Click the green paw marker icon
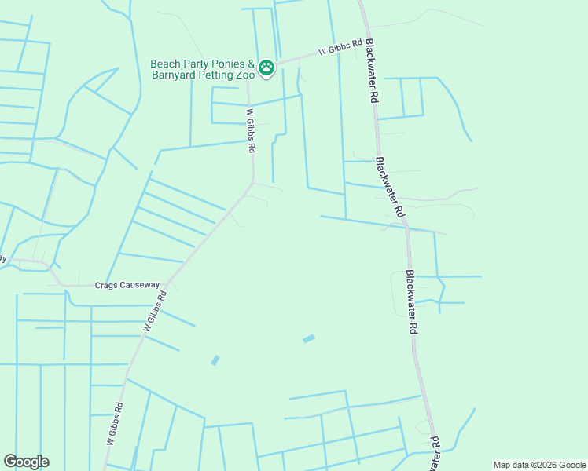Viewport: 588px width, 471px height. [x=266, y=68]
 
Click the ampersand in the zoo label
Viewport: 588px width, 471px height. [x=252, y=64]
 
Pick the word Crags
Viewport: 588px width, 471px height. [x=108, y=285]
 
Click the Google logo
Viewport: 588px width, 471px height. [x=26, y=462]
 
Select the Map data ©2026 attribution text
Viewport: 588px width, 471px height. [x=538, y=465]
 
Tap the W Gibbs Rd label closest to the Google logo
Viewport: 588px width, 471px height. [x=114, y=424]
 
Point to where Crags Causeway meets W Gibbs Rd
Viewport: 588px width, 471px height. [x=168, y=284]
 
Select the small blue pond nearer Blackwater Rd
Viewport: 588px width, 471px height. [x=309, y=338]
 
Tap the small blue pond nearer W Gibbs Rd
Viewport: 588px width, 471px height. [x=215, y=360]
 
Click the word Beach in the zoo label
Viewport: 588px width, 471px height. [x=166, y=64]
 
